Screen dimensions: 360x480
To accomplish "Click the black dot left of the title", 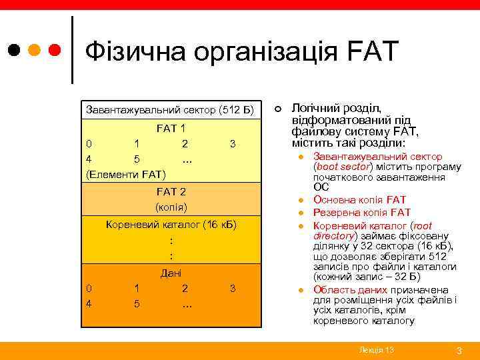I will point(15,50).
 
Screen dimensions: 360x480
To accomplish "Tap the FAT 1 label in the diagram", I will point(171,128).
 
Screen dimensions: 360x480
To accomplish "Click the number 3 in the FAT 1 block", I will point(232,143).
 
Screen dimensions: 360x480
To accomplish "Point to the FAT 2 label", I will point(171,192).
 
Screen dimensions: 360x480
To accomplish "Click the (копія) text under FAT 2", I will point(171,207).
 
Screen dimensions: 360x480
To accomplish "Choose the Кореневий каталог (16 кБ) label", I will point(171,224).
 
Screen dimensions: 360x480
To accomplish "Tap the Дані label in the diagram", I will point(171,273).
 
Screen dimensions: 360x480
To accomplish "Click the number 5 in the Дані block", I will point(136,304).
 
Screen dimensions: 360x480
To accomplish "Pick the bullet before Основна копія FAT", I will point(301,201).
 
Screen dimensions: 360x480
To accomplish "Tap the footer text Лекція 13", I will point(376,349).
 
